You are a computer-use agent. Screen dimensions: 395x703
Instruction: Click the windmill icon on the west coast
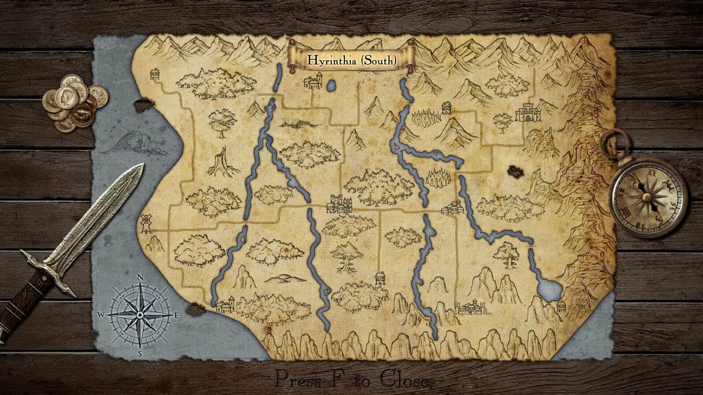tap(146, 223)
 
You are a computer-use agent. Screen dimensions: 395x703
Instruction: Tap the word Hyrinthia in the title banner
tap(332, 60)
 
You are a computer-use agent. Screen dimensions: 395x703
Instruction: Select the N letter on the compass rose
tap(140, 277)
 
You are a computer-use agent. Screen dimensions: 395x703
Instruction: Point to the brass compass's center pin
tap(647, 197)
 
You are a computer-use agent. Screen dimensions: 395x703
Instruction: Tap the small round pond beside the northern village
tap(331, 86)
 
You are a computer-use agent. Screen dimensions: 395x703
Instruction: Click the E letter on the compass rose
tap(176, 315)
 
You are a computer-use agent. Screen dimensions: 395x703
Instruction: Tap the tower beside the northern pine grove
tap(447, 108)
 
